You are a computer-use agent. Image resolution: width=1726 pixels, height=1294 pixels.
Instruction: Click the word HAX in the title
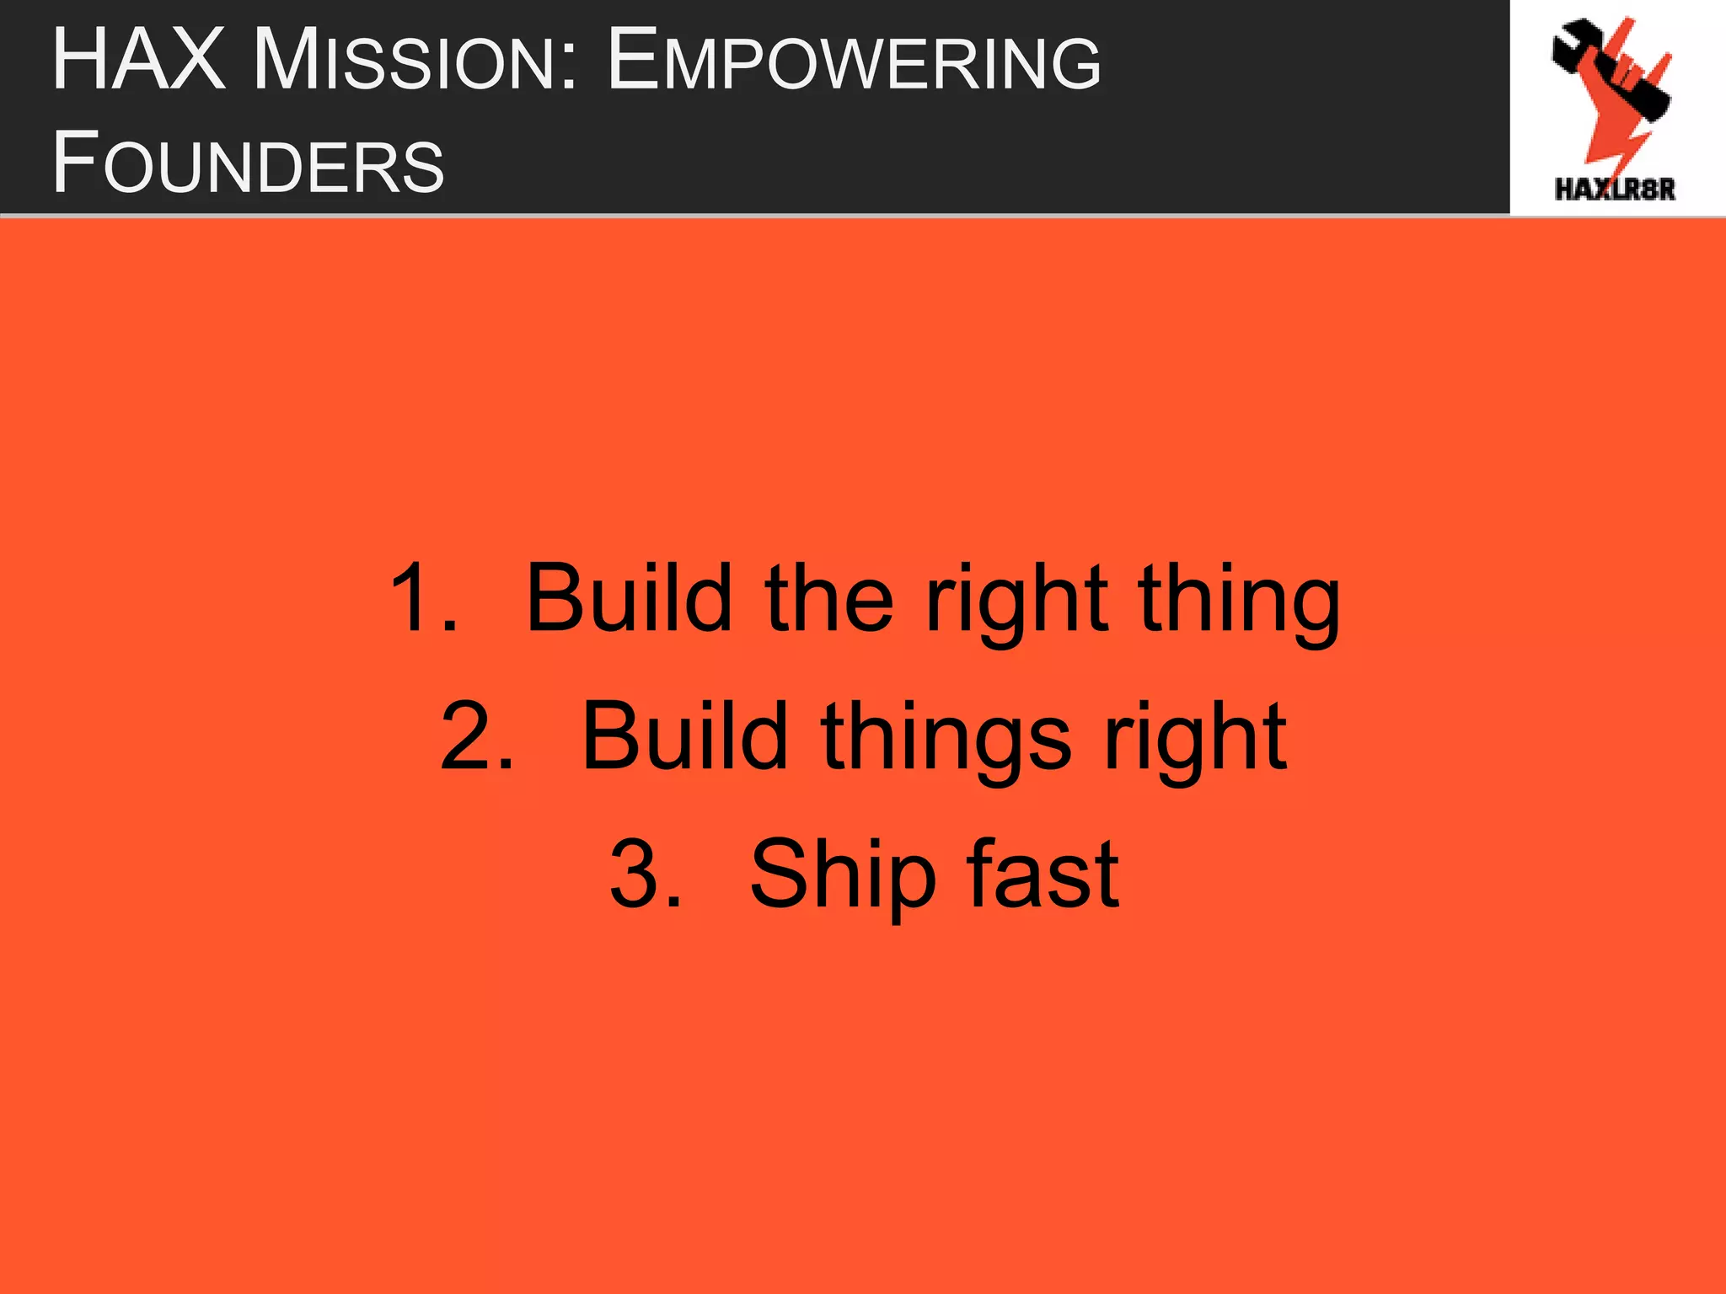click(139, 61)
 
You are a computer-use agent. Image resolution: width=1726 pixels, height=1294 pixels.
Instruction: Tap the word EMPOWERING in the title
click(853, 61)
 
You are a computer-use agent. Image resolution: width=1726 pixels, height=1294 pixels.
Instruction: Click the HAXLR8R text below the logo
click(1615, 189)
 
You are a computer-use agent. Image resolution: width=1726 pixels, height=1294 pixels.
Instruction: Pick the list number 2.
click(476, 737)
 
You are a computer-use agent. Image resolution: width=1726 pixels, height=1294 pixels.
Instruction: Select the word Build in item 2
click(684, 737)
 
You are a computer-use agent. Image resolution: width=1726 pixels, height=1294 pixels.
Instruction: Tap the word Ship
click(843, 876)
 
